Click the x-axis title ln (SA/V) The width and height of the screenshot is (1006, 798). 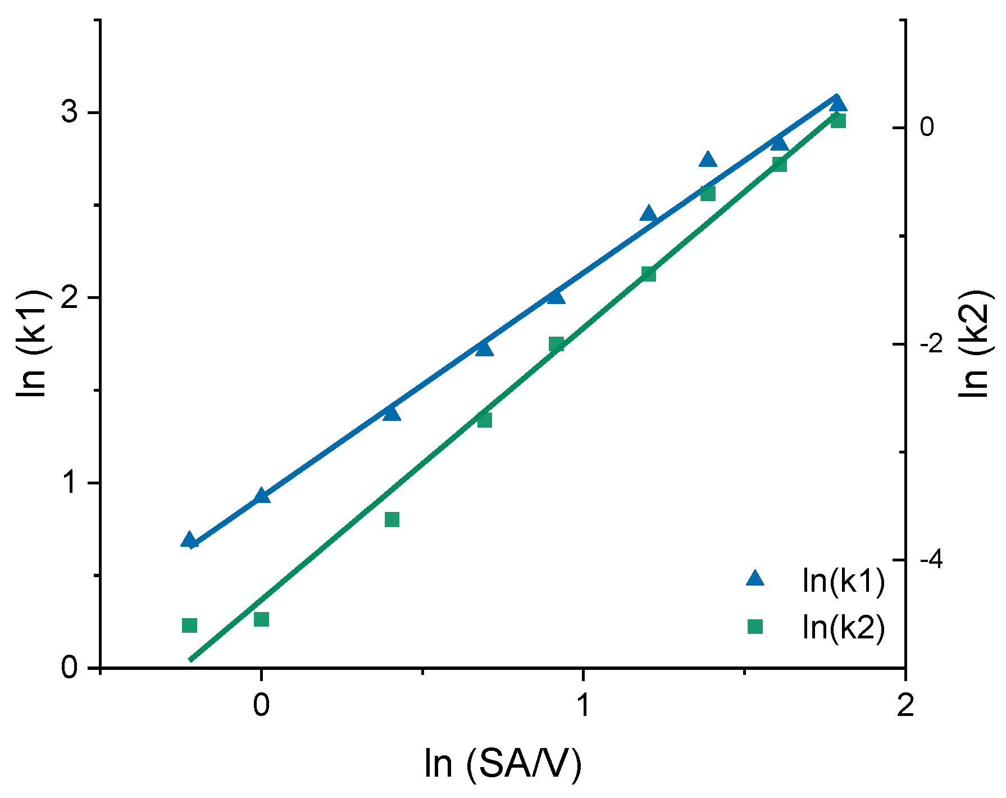coord(503,764)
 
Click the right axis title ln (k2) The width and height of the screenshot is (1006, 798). coord(973,344)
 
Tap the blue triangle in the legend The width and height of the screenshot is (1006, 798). coord(755,579)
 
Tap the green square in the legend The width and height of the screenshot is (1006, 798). coord(755,626)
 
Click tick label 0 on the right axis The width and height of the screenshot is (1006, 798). coord(927,127)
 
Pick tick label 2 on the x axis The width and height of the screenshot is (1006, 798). coord(905,705)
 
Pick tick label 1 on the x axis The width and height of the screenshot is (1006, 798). coord(584,705)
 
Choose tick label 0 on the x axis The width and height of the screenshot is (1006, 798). coord(261,705)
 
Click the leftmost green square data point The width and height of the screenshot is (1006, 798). coord(190,625)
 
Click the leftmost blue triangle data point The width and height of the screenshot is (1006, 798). coord(190,541)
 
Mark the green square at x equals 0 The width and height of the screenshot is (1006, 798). coord(261,619)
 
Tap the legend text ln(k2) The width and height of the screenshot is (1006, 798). coord(844,627)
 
